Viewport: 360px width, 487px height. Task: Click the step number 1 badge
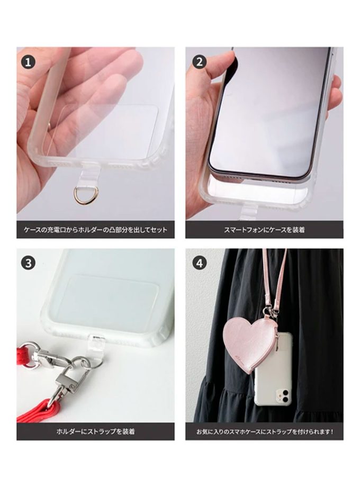click(28, 62)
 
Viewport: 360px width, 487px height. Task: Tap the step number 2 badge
click(200, 62)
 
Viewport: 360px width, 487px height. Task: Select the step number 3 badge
click(28, 263)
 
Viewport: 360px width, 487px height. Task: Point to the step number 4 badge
click(200, 263)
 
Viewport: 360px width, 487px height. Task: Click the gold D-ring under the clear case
click(83, 194)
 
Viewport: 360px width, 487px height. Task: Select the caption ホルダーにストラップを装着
click(95, 431)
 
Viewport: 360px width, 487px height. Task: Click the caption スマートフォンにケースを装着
click(264, 230)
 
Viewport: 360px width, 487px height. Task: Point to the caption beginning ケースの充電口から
click(96, 230)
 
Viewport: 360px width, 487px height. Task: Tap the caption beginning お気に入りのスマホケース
click(265, 431)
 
